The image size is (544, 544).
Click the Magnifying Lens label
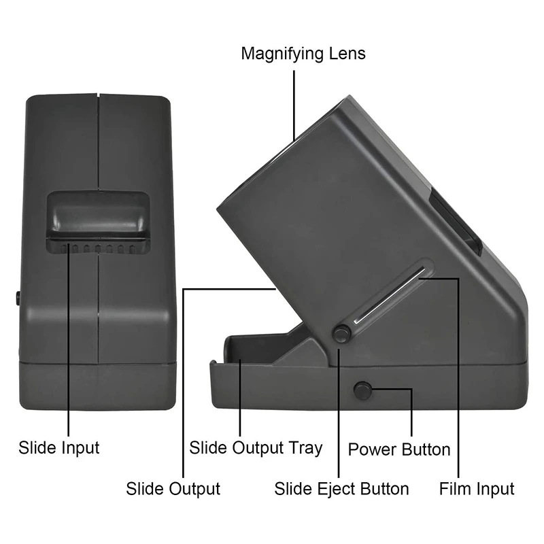(x=303, y=54)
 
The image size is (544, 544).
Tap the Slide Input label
(x=58, y=447)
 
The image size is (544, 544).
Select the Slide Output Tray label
(x=256, y=447)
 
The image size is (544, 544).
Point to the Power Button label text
(x=399, y=449)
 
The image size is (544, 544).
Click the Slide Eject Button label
(x=341, y=488)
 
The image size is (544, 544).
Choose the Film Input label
(x=476, y=488)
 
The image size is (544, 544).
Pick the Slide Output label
(x=173, y=488)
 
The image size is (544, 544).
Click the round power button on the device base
(x=362, y=390)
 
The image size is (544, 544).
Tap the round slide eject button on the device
(x=341, y=333)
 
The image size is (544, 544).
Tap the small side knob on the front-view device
(x=16, y=297)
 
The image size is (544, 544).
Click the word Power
(x=372, y=449)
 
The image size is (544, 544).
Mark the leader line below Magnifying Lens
(x=294, y=102)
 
